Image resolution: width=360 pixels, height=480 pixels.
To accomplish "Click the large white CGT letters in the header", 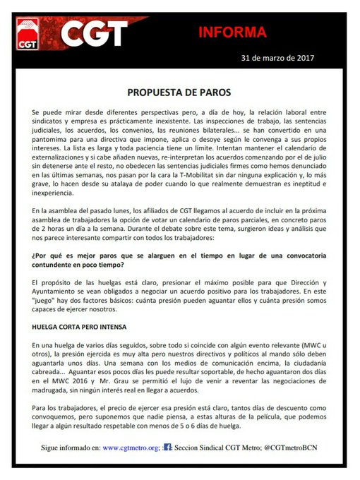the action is pyautogui.click(x=96, y=32).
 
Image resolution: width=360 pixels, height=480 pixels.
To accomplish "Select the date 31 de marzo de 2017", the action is pyautogui.click(x=277, y=56).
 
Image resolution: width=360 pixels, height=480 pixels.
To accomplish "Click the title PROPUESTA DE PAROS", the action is pyautogui.click(x=179, y=92).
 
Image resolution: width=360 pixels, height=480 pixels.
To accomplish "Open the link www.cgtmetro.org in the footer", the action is pyautogui.click(x=131, y=447).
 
